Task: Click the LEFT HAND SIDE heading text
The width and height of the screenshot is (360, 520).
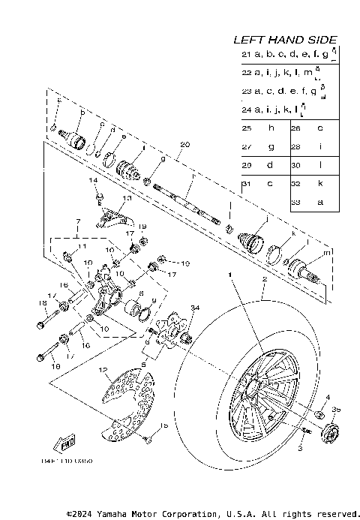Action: coord(284,40)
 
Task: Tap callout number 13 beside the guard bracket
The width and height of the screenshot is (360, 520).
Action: coord(127,199)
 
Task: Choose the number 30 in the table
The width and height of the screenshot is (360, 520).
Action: coord(295,165)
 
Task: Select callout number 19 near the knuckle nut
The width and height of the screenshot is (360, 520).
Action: coord(142,227)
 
